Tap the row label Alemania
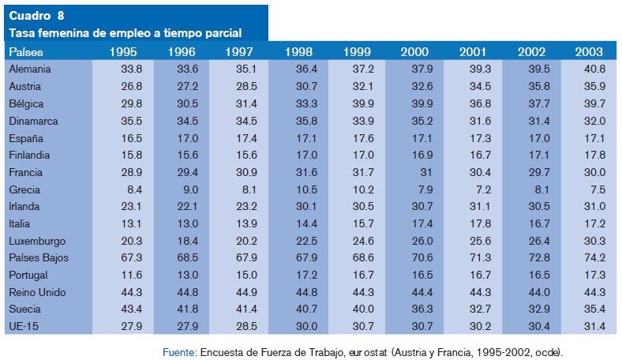(x=31, y=69)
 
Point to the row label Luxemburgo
(x=37, y=241)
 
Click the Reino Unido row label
(x=38, y=292)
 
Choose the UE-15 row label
(x=25, y=326)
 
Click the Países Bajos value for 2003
(x=592, y=258)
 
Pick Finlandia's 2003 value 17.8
(x=592, y=156)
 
